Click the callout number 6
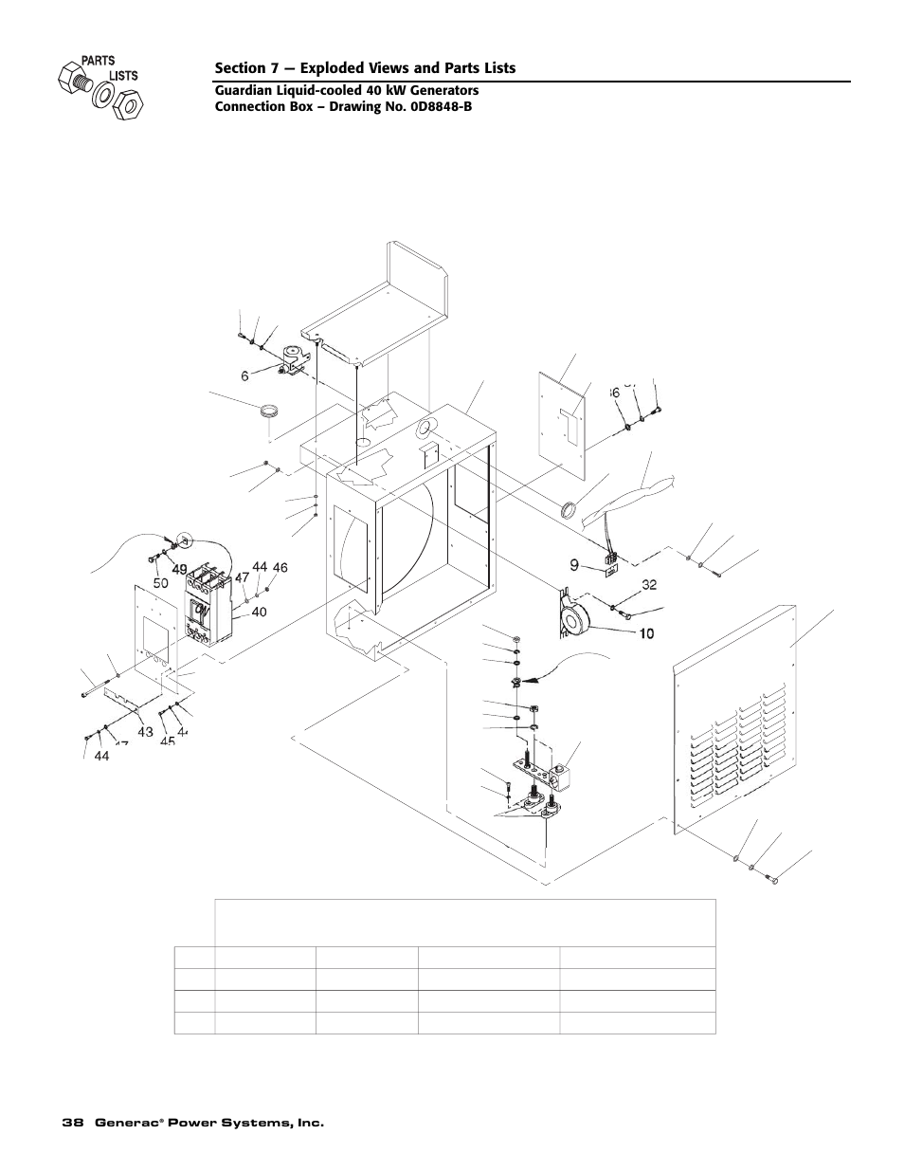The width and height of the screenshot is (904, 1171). pyautogui.click(x=244, y=375)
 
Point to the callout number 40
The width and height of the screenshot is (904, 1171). pyautogui.click(x=259, y=612)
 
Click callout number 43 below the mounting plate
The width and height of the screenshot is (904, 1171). pyautogui.click(x=145, y=732)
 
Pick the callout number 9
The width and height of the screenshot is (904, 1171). pyautogui.click(x=574, y=565)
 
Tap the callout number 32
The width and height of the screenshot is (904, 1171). pyautogui.click(x=649, y=585)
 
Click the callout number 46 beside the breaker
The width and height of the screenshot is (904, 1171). pyautogui.click(x=280, y=567)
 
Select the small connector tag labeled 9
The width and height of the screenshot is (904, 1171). pyautogui.click(x=605, y=569)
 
